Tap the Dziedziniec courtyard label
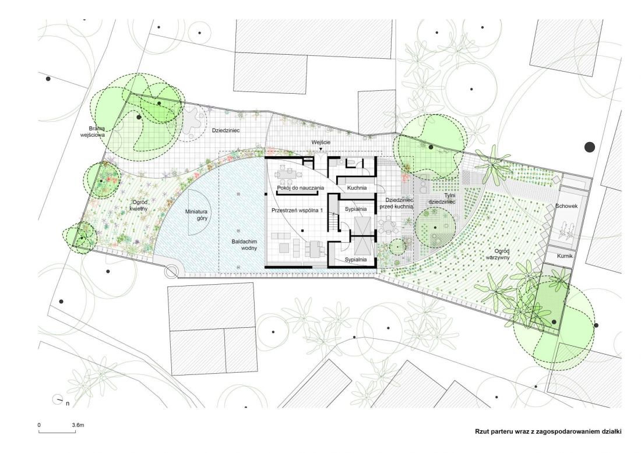[x=226, y=130]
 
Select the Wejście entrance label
[x=320, y=142]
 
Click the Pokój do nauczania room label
[x=301, y=188]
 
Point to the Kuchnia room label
[x=357, y=188]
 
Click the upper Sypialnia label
[x=355, y=209]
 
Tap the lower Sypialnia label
[x=355, y=259]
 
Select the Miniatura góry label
[x=196, y=215]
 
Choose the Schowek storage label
[x=566, y=206]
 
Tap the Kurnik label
[x=565, y=256]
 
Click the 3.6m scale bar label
[x=78, y=425]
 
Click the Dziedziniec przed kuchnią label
[x=396, y=203]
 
